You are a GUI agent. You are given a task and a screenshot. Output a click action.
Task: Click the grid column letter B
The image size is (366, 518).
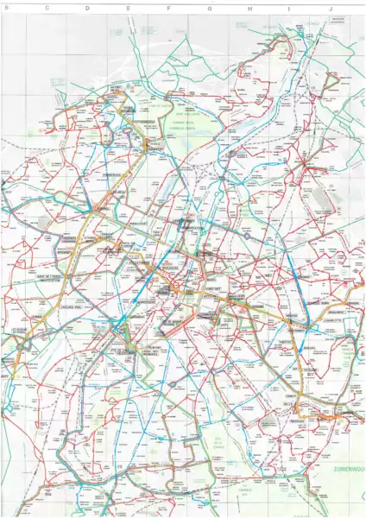(7, 5)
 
